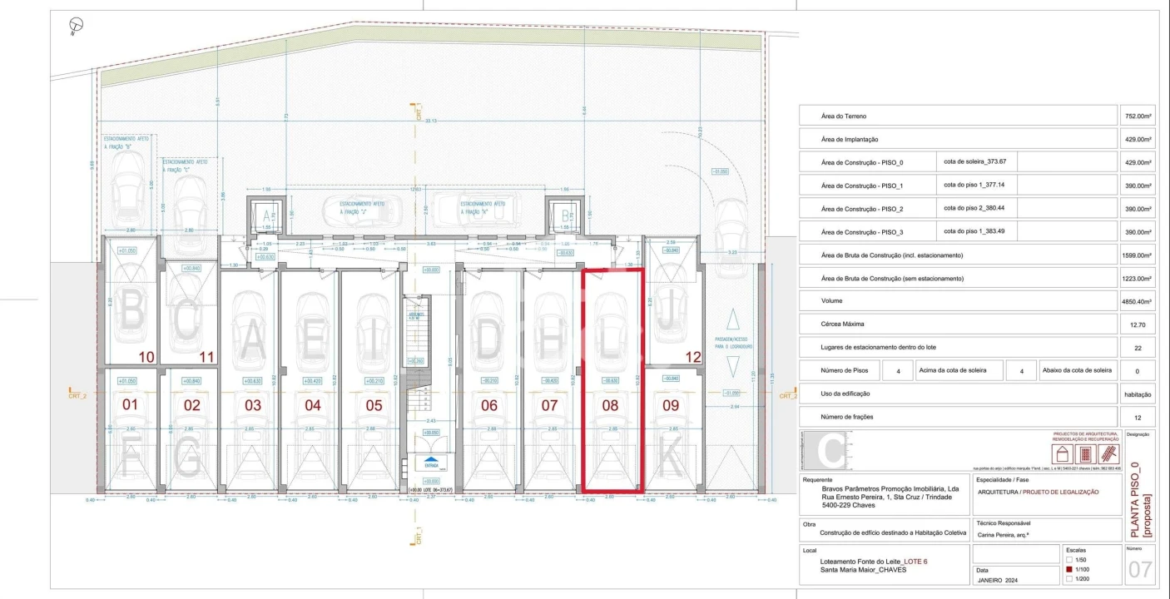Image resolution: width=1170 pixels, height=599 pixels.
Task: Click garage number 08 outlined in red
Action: (x=611, y=405)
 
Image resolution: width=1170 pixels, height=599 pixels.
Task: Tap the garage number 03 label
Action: (x=253, y=405)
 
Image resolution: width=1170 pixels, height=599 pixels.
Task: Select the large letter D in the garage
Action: (x=491, y=337)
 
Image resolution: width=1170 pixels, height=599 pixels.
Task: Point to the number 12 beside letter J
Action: (x=692, y=357)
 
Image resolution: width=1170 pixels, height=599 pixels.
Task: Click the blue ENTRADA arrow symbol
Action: (x=430, y=459)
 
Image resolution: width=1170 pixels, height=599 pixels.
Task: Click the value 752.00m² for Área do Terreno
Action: (x=1136, y=116)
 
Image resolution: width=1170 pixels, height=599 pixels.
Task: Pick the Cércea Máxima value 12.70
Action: (x=1136, y=324)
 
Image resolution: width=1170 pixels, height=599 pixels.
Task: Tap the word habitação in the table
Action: (x=1137, y=394)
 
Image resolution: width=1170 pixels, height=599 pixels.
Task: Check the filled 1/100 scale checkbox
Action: (x=1070, y=569)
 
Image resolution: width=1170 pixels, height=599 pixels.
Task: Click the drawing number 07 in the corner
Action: (x=1139, y=569)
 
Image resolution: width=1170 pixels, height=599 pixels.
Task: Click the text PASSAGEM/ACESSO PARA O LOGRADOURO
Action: (x=732, y=343)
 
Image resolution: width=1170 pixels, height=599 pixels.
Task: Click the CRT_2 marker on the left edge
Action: (x=78, y=394)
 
